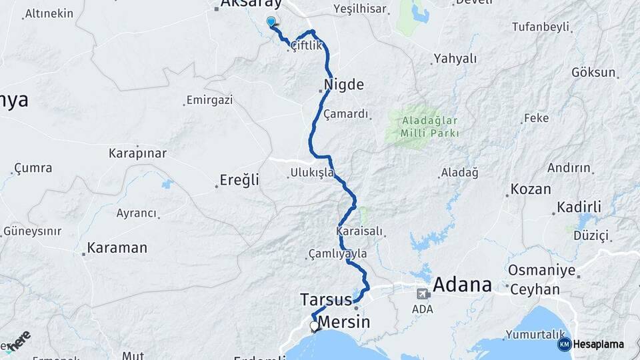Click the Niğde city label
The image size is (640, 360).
click(x=344, y=85)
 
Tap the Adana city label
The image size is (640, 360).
click(x=462, y=285)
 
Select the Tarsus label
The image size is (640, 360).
click(x=325, y=299)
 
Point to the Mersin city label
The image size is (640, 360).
click(x=343, y=323)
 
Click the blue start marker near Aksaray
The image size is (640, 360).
click(x=271, y=23)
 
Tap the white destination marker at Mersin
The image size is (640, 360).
click(x=314, y=326)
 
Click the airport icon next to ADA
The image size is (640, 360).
click(x=423, y=293)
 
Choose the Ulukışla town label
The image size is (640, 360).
click(x=312, y=173)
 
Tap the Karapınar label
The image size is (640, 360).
click(x=137, y=153)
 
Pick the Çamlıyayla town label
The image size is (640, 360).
click(x=338, y=254)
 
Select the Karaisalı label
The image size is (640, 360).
click(x=359, y=231)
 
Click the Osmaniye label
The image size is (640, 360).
click(x=541, y=271)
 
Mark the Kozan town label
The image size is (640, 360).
click(x=531, y=189)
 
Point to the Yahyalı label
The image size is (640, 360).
click(x=455, y=59)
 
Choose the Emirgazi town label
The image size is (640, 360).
click(x=209, y=100)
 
